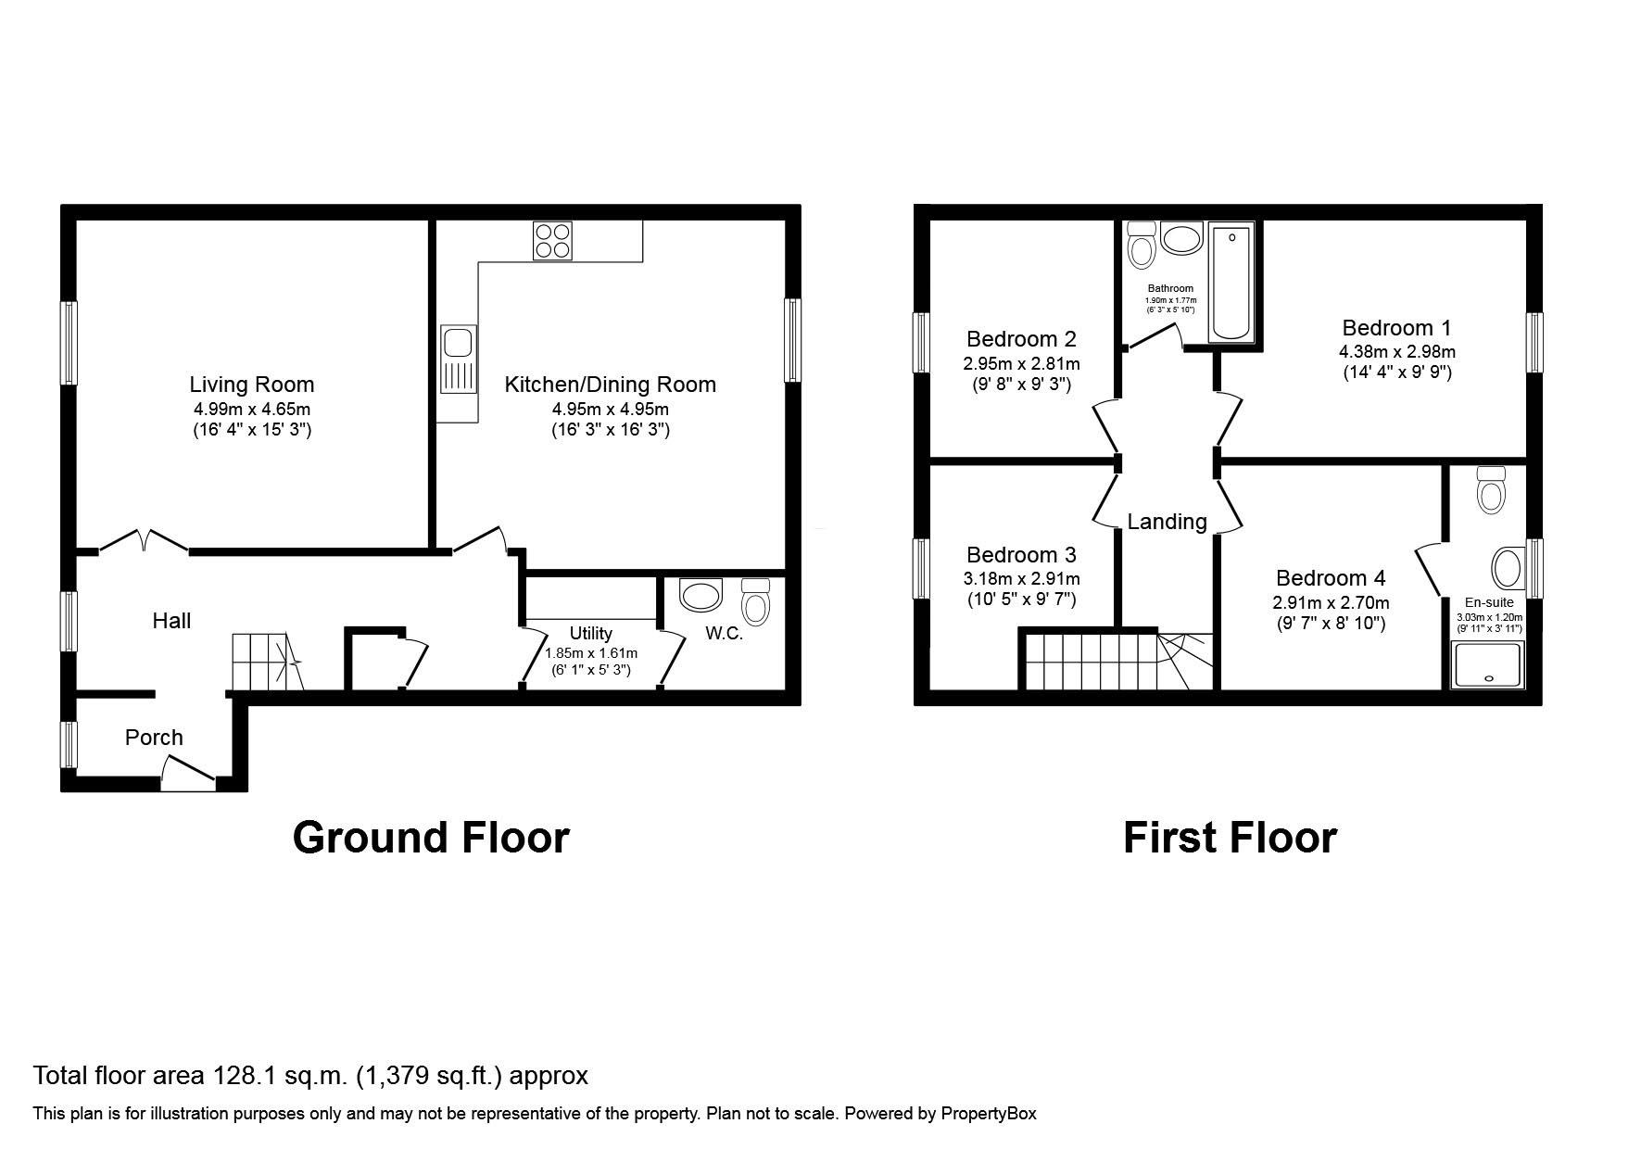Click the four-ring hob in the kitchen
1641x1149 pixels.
coord(552,240)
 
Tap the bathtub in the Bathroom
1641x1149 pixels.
coord(1231,282)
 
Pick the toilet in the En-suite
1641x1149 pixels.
coord(1490,488)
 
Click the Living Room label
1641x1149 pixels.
coord(252,385)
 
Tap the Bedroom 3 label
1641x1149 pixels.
coord(1021,555)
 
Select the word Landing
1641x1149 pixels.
coord(1167,522)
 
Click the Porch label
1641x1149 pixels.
coord(154,738)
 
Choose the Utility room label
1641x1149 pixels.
coord(590,633)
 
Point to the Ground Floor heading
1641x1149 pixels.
coord(431,838)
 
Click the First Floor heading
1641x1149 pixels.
coord(1230,838)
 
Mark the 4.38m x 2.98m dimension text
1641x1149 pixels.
coord(1396,352)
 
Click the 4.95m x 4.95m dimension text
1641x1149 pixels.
coord(611,409)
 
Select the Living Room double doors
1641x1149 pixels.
coord(144,541)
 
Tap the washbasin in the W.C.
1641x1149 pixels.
coord(701,595)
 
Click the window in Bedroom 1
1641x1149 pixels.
coord(1534,342)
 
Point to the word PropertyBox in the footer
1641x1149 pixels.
coord(989,1113)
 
